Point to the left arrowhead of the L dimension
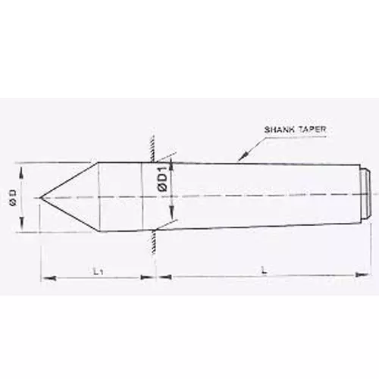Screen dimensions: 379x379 160,279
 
